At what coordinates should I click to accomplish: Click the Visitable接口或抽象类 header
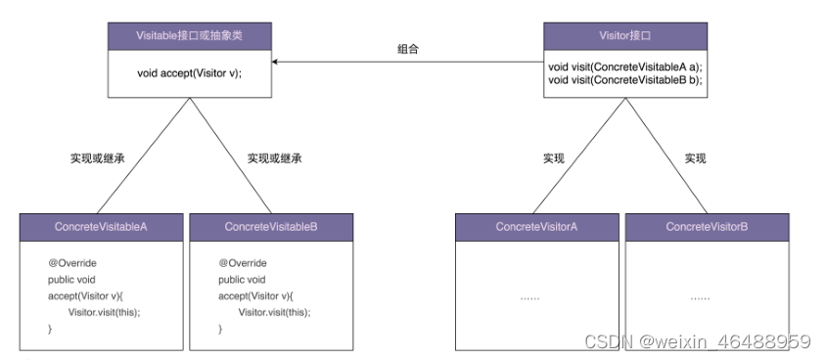point(189,36)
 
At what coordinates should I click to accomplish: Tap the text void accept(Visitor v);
point(189,72)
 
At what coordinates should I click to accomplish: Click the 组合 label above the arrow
point(408,48)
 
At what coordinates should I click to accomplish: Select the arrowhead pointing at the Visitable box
point(277,62)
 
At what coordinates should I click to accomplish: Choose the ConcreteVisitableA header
point(101,227)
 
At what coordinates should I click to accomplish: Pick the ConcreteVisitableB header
point(271,227)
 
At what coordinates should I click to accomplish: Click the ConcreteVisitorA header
point(536,227)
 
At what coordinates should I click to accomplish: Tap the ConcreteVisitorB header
point(707,227)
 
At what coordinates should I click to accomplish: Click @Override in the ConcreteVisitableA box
point(72,263)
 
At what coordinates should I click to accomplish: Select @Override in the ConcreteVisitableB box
point(243,263)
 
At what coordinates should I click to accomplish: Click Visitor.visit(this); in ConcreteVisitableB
point(275,312)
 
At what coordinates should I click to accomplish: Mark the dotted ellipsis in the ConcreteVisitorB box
point(702,296)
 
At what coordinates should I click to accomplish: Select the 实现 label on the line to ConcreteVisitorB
point(695,157)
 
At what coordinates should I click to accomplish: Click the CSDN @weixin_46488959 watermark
point(697,341)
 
